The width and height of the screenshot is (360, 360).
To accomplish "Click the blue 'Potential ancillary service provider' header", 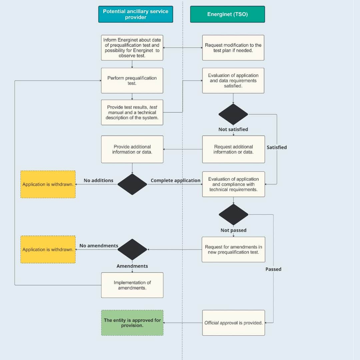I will click(136, 14).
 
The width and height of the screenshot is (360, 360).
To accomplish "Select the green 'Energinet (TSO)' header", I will click(227, 14).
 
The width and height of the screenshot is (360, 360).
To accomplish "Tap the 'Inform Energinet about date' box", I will click(132, 48).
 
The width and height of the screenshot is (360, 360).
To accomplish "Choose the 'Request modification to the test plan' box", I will click(233, 48).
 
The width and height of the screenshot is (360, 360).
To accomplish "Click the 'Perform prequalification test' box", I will click(132, 80).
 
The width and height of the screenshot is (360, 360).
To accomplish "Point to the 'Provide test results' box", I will click(132, 112).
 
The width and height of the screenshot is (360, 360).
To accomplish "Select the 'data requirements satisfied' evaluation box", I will click(233, 80).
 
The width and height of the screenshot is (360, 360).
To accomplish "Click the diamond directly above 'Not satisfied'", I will click(233, 114).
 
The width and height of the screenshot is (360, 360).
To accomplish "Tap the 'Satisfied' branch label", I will click(277, 147).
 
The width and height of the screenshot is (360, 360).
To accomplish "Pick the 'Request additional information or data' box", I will click(233, 149).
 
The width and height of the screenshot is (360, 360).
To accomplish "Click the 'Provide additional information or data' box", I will click(132, 149).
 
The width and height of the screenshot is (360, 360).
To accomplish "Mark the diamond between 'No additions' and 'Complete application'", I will click(132, 184).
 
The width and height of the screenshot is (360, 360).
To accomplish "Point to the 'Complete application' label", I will click(175, 180).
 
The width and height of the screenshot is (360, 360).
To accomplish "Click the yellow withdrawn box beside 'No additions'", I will click(48, 184).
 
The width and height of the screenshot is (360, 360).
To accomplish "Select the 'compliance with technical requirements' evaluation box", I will click(233, 184).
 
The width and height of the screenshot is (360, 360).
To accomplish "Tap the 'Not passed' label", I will click(233, 230).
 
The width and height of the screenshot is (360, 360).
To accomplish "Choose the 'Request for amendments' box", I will click(233, 249).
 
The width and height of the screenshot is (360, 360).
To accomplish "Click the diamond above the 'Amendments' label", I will click(132, 249).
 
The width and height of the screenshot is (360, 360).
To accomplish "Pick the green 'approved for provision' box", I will click(132, 323).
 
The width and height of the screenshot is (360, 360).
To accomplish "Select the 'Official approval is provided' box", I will click(233, 323).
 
